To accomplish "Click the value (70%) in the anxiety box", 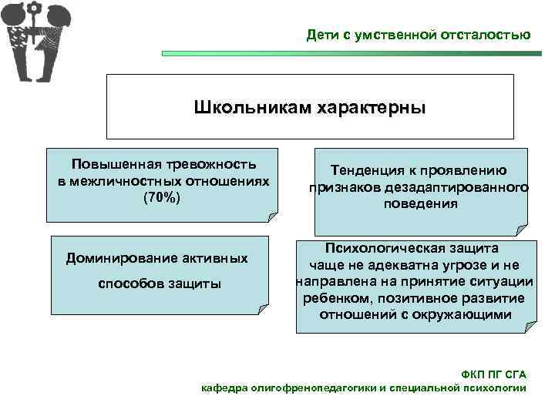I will [163, 197].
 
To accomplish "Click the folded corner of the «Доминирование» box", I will [264, 312].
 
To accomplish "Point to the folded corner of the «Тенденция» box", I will [521, 229].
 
